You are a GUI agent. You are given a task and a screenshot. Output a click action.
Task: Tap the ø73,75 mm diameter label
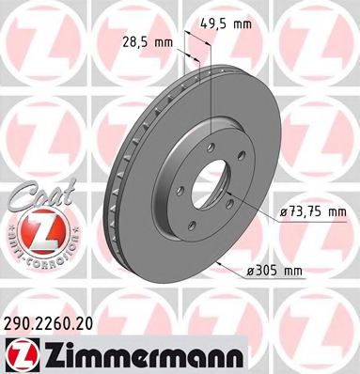pyautogui.click(x=310, y=214)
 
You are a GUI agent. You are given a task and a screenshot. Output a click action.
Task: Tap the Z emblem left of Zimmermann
pyautogui.click(x=22, y=352)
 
